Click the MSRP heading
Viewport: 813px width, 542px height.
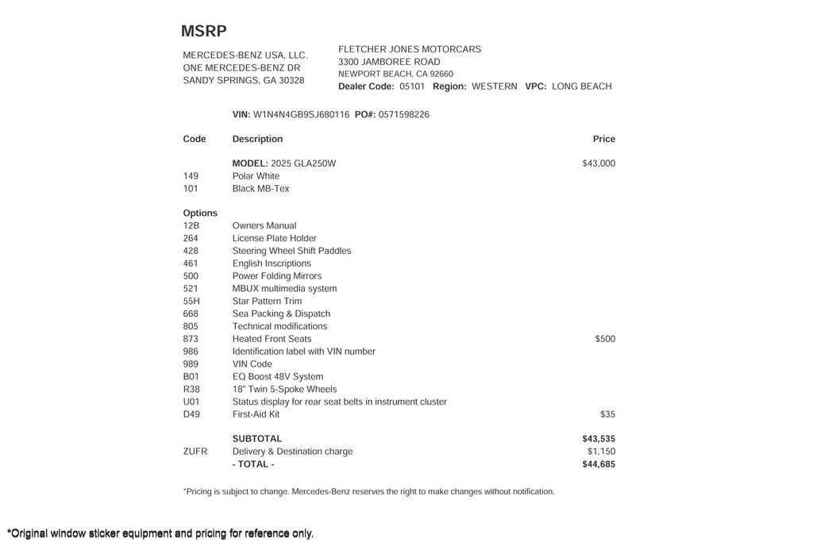[204, 32]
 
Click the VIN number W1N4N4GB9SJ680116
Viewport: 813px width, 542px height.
[301, 114]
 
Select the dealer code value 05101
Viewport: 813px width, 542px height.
[412, 86]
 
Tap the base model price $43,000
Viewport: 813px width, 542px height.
[599, 163]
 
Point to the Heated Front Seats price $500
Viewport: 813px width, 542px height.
[605, 339]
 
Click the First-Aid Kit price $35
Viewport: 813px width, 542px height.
[607, 414]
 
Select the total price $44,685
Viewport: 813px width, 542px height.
[599, 464]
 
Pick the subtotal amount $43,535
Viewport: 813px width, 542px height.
[599, 439]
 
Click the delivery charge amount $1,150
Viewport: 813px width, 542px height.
[601, 452]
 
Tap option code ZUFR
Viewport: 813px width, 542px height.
[195, 452]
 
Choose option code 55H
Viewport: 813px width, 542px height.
[191, 302]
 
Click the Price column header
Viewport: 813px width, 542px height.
[603, 139]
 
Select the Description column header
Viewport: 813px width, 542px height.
[257, 139]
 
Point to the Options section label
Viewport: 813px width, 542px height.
[200, 213]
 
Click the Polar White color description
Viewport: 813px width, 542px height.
[256, 176]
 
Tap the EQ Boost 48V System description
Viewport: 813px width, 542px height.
[278, 377]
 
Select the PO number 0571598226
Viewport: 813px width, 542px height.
[403, 114]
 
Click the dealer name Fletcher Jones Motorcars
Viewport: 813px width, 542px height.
[410, 49]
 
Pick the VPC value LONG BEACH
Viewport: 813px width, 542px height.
[581, 86]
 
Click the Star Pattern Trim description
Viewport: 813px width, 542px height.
[267, 302]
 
